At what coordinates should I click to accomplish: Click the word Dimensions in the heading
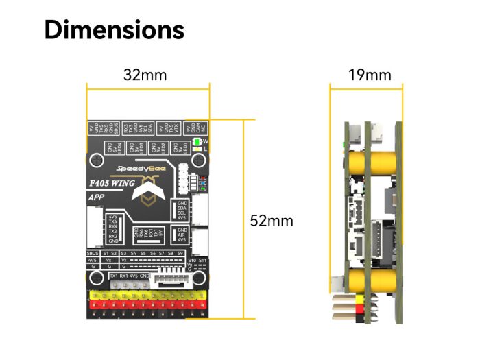[115, 30]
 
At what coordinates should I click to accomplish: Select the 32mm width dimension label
[145, 75]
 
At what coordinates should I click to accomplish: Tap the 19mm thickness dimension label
[370, 75]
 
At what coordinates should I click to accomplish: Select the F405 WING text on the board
[112, 184]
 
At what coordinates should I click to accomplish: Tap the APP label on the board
[96, 197]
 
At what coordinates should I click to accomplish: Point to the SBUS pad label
[93, 253]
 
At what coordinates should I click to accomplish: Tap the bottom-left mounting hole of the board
[95, 278]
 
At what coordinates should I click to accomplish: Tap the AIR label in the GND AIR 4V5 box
[181, 235]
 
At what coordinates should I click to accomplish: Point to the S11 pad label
[202, 261]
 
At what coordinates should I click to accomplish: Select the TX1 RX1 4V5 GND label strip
[128, 276]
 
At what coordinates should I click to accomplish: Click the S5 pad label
[143, 253]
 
